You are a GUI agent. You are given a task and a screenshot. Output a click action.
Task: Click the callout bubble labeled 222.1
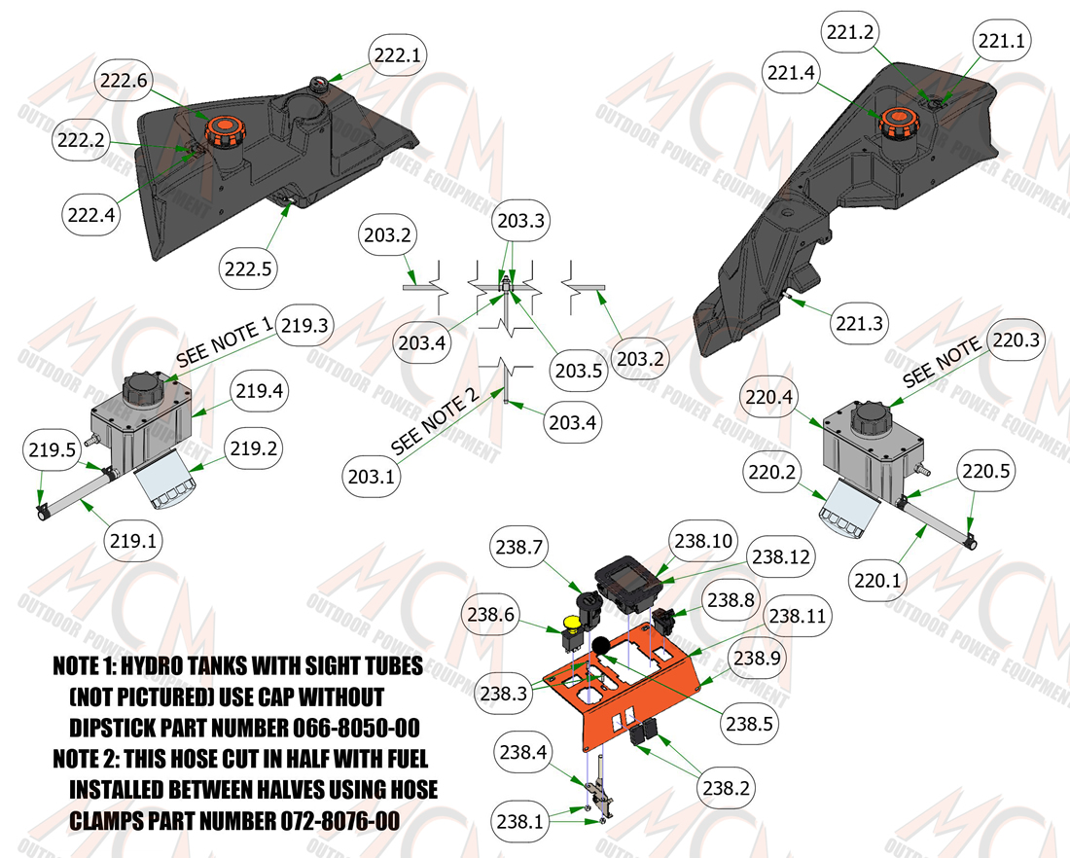click(398, 55)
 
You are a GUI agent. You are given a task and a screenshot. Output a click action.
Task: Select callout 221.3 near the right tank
click(860, 323)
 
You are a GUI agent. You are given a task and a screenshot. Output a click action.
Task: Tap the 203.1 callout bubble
click(372, 476)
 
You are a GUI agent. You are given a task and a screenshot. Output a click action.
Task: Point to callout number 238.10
click(703, 541)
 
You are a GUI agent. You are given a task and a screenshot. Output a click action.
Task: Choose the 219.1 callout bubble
click(133, 541)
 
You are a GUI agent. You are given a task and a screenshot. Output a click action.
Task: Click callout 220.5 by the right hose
click(986, 470)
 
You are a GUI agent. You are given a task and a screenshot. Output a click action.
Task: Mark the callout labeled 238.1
click(520, 820)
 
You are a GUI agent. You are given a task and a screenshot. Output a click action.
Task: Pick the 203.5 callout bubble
click(579, 371)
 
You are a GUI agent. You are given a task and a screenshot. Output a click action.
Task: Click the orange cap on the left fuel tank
click(222, 131)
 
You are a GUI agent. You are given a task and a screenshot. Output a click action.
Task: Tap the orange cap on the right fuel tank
click(896, 123)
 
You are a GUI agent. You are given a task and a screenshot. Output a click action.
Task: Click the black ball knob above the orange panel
click(600, 646)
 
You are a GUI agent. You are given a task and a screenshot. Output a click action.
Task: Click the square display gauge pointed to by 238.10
click(630, 583)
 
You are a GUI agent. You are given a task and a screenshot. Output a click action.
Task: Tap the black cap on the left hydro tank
click(145, 389)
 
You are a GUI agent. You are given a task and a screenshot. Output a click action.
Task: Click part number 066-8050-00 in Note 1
click(356, 728)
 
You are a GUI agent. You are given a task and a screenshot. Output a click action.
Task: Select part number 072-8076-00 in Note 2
click(339, 820)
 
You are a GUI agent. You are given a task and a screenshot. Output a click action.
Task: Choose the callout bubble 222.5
click(248, 268)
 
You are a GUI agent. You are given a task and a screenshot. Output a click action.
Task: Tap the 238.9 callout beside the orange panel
click(757, 658)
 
